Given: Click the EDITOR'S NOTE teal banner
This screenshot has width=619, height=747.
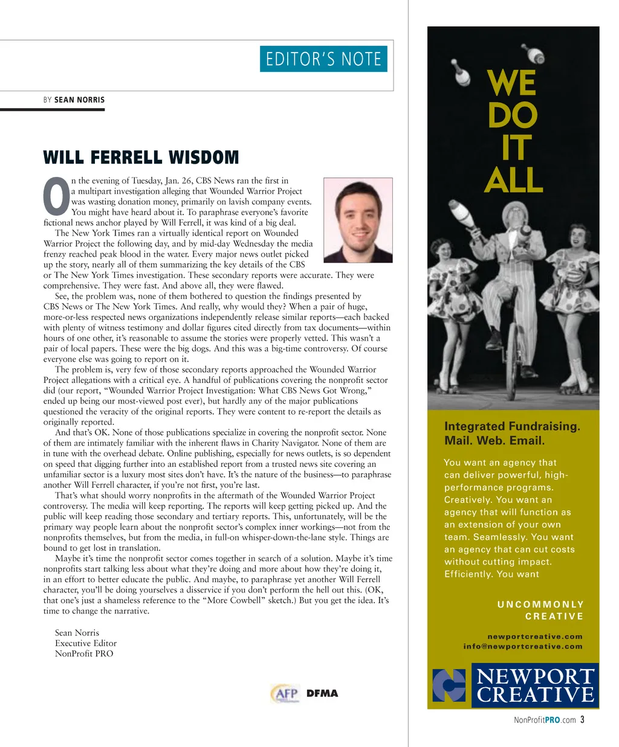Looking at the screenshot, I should tap(323, 59).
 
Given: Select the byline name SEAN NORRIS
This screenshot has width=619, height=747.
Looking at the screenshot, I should tap(79, 100).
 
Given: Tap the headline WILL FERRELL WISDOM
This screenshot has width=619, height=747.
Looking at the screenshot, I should tap(141, 158).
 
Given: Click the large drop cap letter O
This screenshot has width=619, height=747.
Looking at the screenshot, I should tap(56, 197).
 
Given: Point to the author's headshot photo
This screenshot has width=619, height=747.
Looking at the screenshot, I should tap(358, 220).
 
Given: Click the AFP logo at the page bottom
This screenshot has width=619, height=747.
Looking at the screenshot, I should tap(285, 693).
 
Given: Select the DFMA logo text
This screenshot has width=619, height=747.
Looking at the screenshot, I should tap(322, 693).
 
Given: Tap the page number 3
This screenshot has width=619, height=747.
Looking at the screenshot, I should tap(582, 719).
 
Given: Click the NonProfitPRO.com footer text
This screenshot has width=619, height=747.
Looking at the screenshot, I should tap(544, 720).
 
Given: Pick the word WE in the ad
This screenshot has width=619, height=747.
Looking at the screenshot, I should tap(512, 83).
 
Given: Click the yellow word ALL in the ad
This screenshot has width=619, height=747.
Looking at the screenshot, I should tap(513, 180).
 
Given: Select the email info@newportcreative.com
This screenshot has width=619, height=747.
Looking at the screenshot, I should tap(523, 646).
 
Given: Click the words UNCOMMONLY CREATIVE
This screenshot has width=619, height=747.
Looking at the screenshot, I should tap(541, 610).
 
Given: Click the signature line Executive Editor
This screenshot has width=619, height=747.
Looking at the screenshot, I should tap(86, 643).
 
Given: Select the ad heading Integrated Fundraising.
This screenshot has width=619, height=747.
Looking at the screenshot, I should tap(512, 426).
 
